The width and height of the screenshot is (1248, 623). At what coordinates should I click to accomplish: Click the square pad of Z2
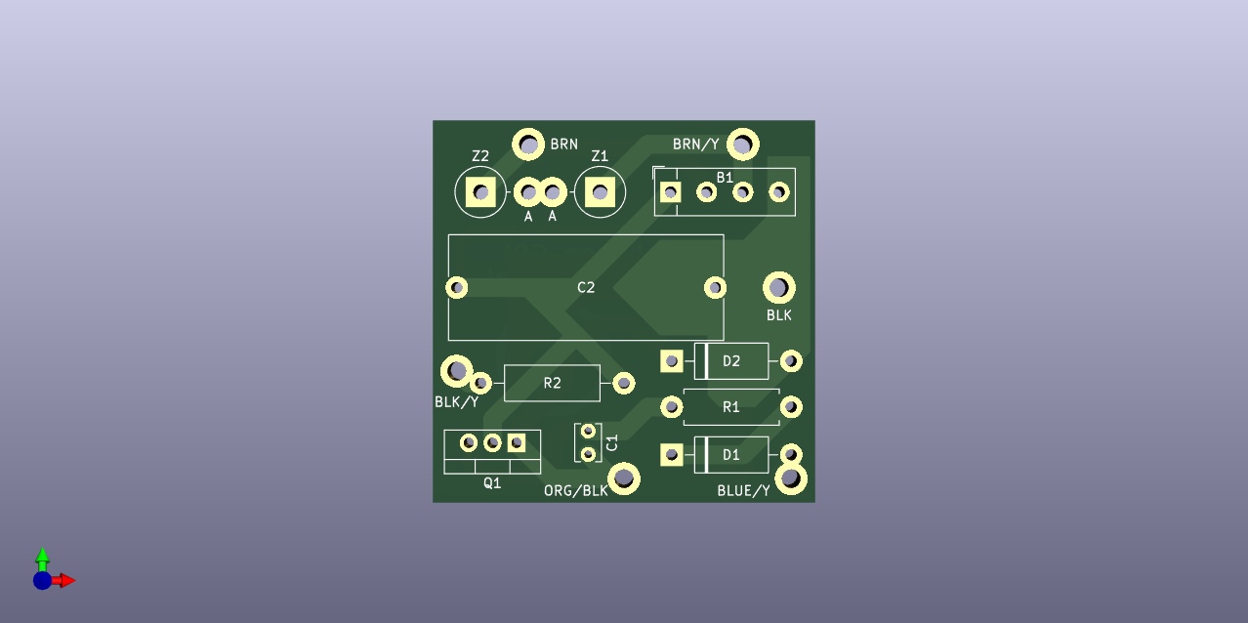(x=480, y=192)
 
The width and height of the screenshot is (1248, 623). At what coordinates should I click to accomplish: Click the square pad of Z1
(x=600, y=192)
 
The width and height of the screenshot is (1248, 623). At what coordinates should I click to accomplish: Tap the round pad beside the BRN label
(x=528, y=145)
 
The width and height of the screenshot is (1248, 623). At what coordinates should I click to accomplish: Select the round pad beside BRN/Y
(x=743, y=145)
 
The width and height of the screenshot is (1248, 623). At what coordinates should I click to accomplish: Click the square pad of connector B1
(x=670, y=192)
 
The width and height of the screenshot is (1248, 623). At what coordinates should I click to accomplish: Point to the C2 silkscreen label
(x=586, y=287)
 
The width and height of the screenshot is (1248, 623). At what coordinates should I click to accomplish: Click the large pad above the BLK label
(x=779, y=288)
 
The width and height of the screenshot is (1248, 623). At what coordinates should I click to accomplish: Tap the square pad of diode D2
(x=671, y=361)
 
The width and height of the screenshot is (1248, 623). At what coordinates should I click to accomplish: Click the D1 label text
(x=731, y=455)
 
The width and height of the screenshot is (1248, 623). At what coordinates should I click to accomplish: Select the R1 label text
(x=731, y=407)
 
